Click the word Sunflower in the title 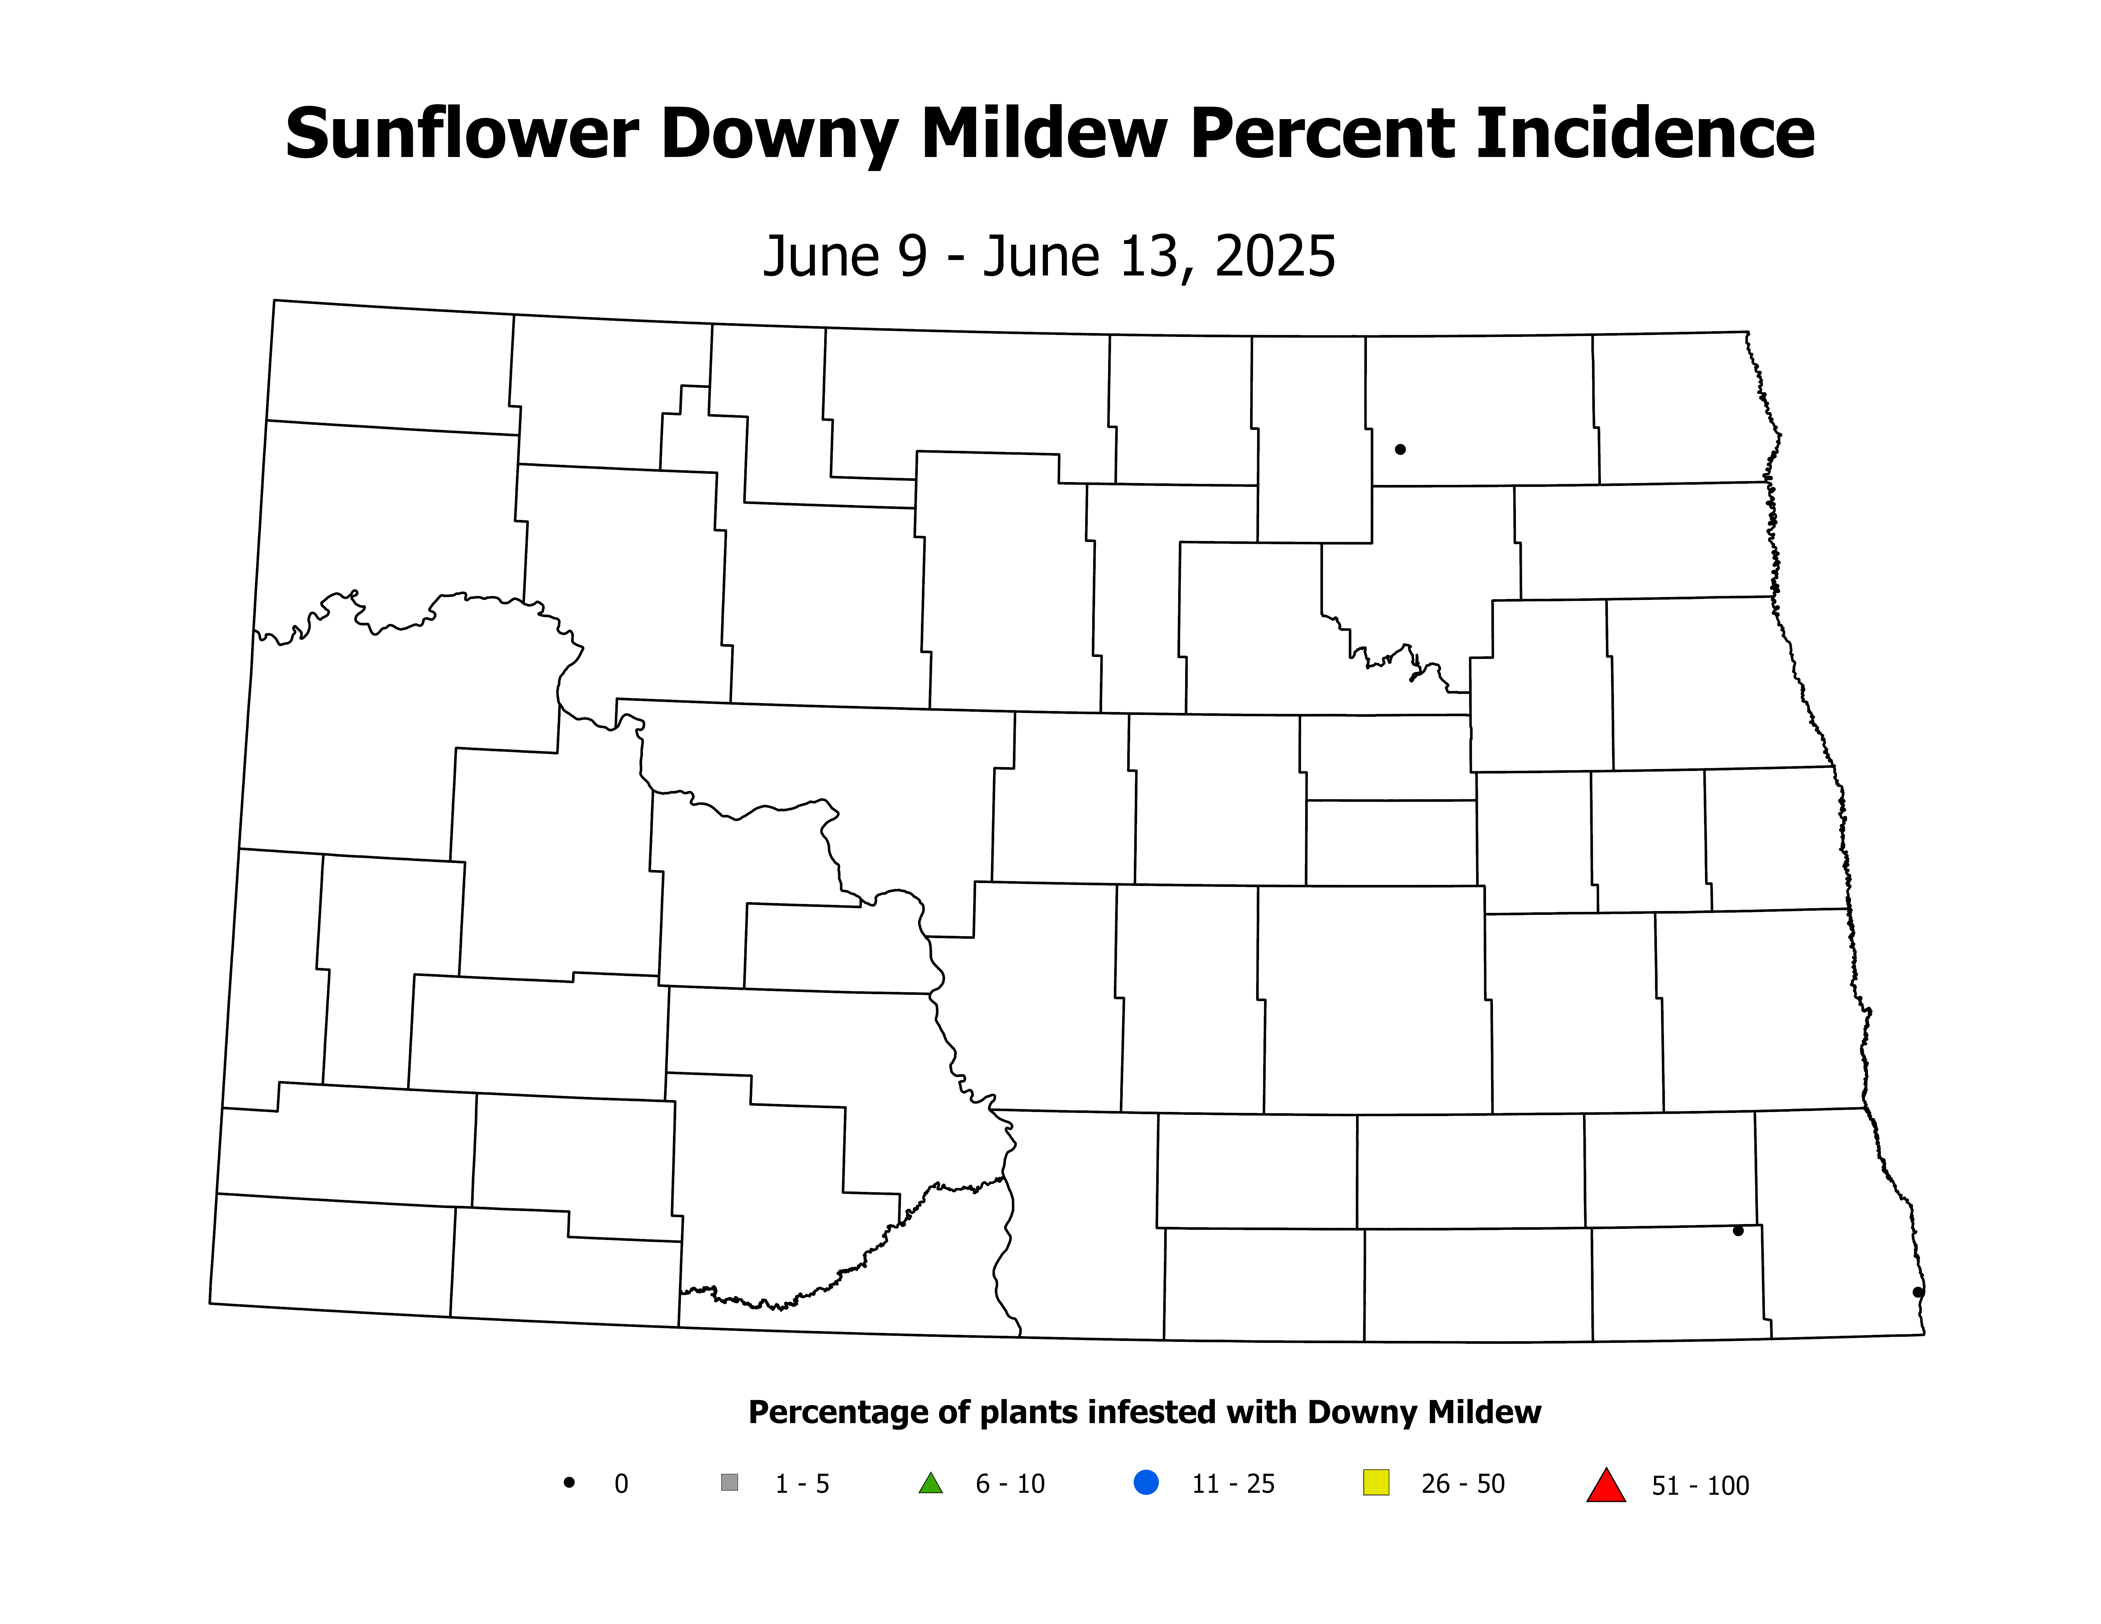tap(462, 135)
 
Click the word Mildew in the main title tap(1044, 135)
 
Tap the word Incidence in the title tap(1645, 135)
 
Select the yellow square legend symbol tap(1376, 1483)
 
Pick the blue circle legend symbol tap(1146, 1483)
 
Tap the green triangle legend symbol tap(930, 1484)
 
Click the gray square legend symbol tap(729, 1483)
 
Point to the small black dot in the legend tap(569, 1483)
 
